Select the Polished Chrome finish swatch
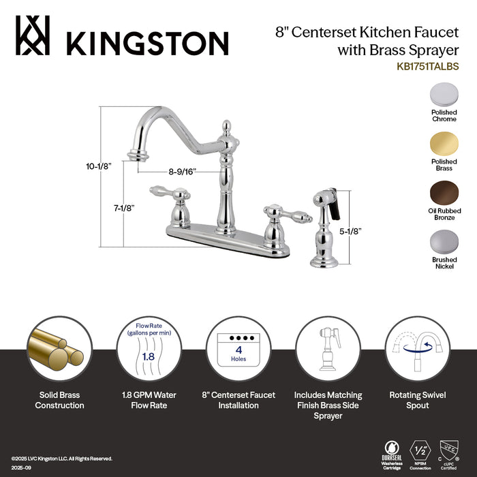point(444,96)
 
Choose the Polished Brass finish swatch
point(444,145)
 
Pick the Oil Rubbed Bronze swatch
point(444,194)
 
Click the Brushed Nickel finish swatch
point(444,243)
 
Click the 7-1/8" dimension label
point(107,208)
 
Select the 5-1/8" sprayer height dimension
point(349,230)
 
